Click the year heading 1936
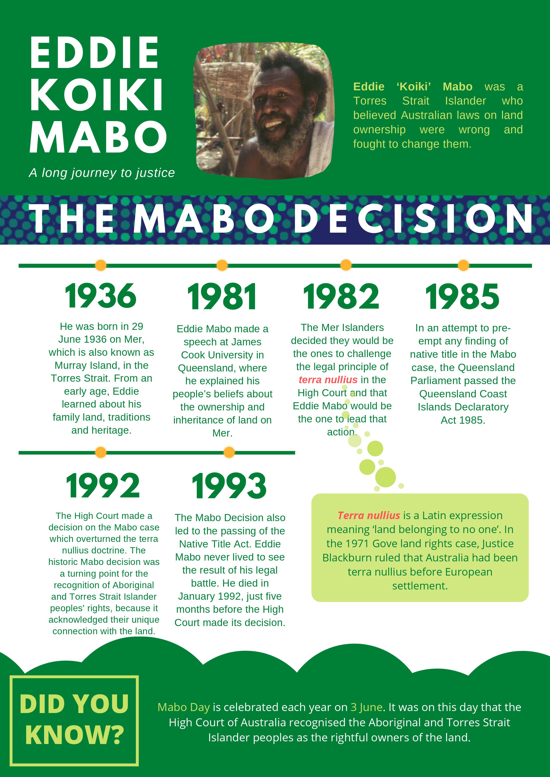(x=101, y=296)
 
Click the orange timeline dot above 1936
(x=101, y=265)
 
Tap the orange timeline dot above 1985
(x=463, y=265)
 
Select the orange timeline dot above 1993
(x=229, y=452)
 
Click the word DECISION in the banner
(x=413, y=219)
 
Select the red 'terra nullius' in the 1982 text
(x=328, y=380)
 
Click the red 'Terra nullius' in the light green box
(x=369, y=515)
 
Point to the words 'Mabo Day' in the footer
(x=183, y=707)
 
